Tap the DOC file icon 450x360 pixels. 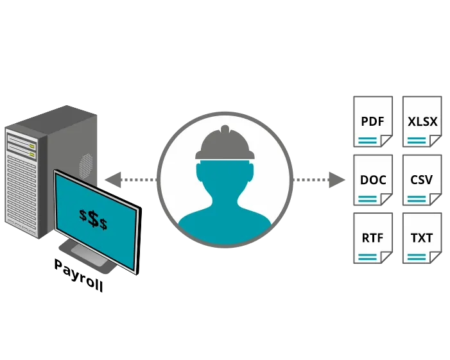[x=373, y=180]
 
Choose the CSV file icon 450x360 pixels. [x=422, y=180]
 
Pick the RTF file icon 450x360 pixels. [x=373, y=238]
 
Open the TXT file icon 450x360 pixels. [x=422, y=238]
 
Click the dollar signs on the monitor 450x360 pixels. [x=94, y=219]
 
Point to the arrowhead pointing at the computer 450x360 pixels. [x=112, y=180]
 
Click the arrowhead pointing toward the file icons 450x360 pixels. [x=337, y=180]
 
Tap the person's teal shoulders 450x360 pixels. [x=224, y=218]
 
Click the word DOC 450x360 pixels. [x=373, y=180]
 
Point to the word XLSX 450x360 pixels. [x=422, y=121]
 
